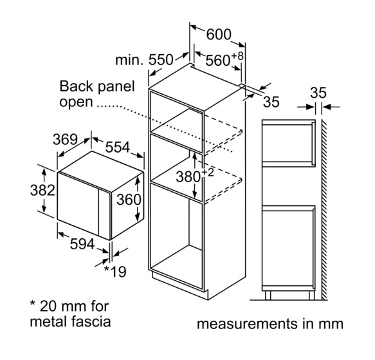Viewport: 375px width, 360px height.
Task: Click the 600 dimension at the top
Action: pos(219,34)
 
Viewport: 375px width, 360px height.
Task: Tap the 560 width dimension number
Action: pos(217,60)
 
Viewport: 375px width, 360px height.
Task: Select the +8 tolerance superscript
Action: pos(237,56)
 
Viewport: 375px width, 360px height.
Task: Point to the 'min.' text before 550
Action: pos(129,60)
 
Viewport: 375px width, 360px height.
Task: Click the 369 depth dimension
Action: pos(66,139)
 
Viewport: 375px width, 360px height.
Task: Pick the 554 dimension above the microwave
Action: pos(118,147)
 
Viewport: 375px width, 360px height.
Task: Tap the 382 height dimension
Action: pos(42,191)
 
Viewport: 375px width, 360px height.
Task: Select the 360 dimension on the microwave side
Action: pos(129,199)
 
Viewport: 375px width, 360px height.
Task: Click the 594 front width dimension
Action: pos(82,244)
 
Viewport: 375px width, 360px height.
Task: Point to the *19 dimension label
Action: pos(115,271)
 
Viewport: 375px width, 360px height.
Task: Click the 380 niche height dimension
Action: pos(188,176)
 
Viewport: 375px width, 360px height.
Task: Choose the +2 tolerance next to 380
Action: pos(208,173)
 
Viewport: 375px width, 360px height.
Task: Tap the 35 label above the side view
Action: pos(318,93)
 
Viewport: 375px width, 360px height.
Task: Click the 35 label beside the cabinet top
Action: pos(271,102)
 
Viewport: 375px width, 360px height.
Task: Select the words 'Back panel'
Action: pos(97,87)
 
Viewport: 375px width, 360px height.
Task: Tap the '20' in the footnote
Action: pos(48,306)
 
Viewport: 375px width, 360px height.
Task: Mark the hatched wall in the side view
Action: pos(324,209)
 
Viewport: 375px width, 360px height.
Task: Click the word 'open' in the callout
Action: pos(76,102)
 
